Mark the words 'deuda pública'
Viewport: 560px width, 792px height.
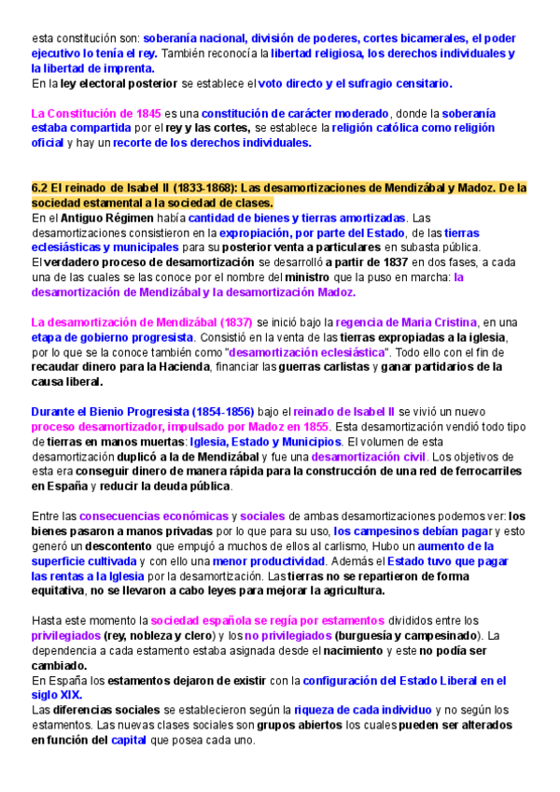click(188, 487)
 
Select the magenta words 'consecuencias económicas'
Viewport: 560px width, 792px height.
click(153, 516)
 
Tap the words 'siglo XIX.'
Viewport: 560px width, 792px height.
click(57, 696)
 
